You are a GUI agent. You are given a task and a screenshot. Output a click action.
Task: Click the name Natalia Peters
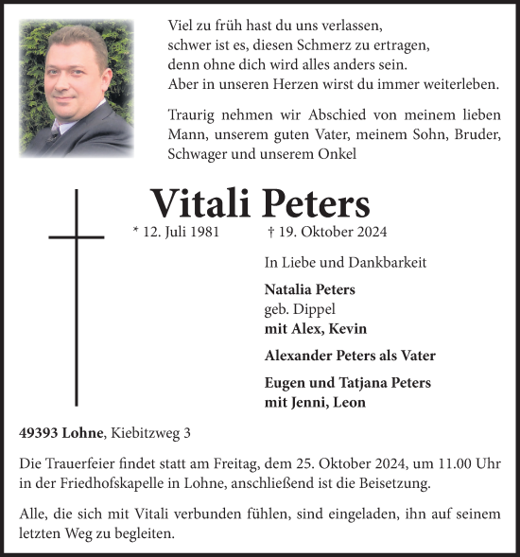pos(310,289)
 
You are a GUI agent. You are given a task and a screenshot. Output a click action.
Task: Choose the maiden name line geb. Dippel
pos(300,309)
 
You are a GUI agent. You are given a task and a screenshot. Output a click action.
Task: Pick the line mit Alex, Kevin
pos(316,329)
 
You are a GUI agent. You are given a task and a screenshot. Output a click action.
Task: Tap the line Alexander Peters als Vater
pos(350,357)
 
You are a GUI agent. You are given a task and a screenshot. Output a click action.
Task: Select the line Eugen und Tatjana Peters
pos(348,383)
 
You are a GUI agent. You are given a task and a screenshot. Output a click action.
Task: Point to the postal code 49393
pos(40,434)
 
